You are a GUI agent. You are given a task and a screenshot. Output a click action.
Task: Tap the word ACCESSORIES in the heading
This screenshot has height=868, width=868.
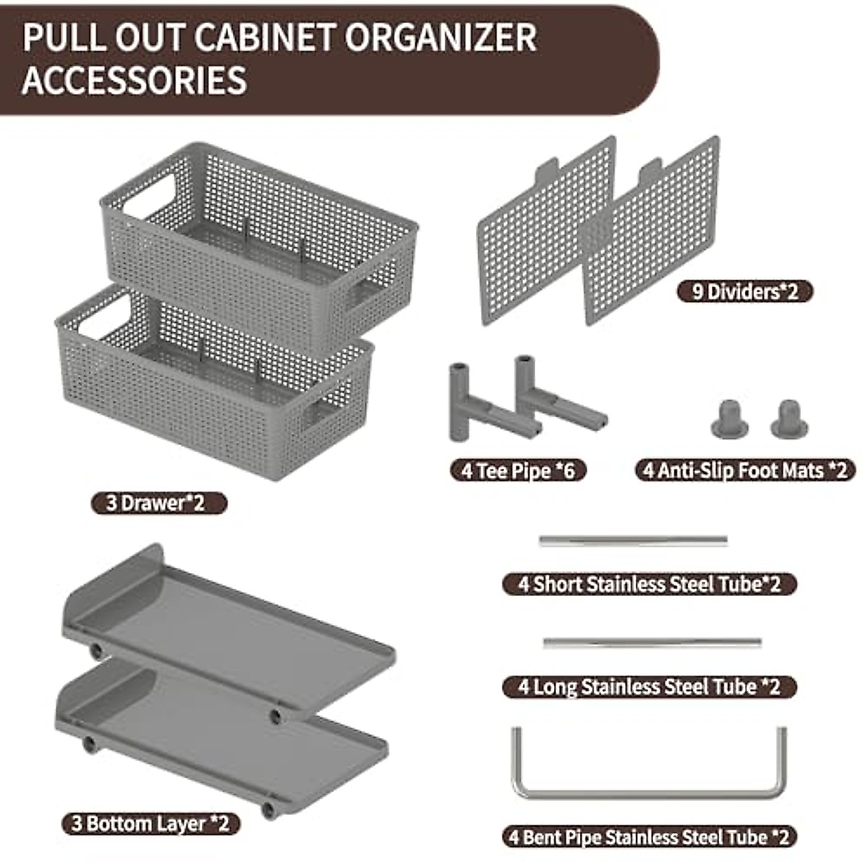click(135, 80)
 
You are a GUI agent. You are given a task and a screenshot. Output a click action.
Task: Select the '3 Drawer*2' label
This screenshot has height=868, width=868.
click(158, 503)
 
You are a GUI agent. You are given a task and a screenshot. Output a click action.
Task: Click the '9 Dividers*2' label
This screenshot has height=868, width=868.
click(744, 292)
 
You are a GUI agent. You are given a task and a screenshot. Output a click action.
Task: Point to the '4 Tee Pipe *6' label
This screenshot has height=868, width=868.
click(518, 470)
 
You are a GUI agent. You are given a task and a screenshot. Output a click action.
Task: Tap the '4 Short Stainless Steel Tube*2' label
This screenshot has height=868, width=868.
click(649, 584)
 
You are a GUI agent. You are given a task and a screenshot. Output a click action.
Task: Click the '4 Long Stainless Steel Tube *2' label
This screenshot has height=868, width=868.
click(649, 686)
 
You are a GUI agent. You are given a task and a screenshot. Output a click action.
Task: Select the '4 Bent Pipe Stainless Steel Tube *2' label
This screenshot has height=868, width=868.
click(649, 837)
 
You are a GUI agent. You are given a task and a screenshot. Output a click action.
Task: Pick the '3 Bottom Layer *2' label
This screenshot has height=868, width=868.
click(150, 823)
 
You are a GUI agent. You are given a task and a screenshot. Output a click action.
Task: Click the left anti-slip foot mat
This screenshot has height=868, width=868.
click(729, 418)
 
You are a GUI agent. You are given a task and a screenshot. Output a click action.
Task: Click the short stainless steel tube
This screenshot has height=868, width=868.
click(633, 541)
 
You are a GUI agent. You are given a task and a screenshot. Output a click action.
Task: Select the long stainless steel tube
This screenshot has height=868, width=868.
click(652, 643)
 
